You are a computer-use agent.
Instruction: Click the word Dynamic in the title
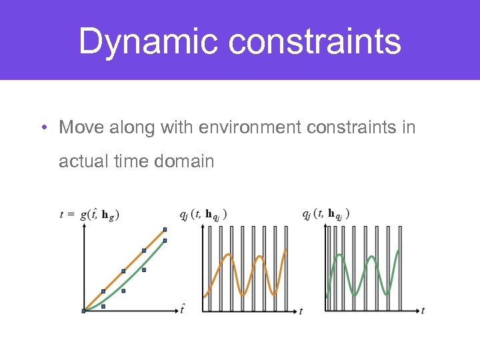pos(149,41)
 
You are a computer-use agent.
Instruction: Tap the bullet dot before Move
pos(43,127)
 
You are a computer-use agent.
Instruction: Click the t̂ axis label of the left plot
pos(182,309)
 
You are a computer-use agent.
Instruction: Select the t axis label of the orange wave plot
pos(301,311)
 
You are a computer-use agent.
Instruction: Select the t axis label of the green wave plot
pos(423,310)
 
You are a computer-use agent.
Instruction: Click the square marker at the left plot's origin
pos(83,311)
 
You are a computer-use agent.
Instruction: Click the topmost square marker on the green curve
pos(164,240)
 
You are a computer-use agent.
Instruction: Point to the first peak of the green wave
pos(341,255)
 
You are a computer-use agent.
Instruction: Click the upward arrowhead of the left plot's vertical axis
pos(83,225)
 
